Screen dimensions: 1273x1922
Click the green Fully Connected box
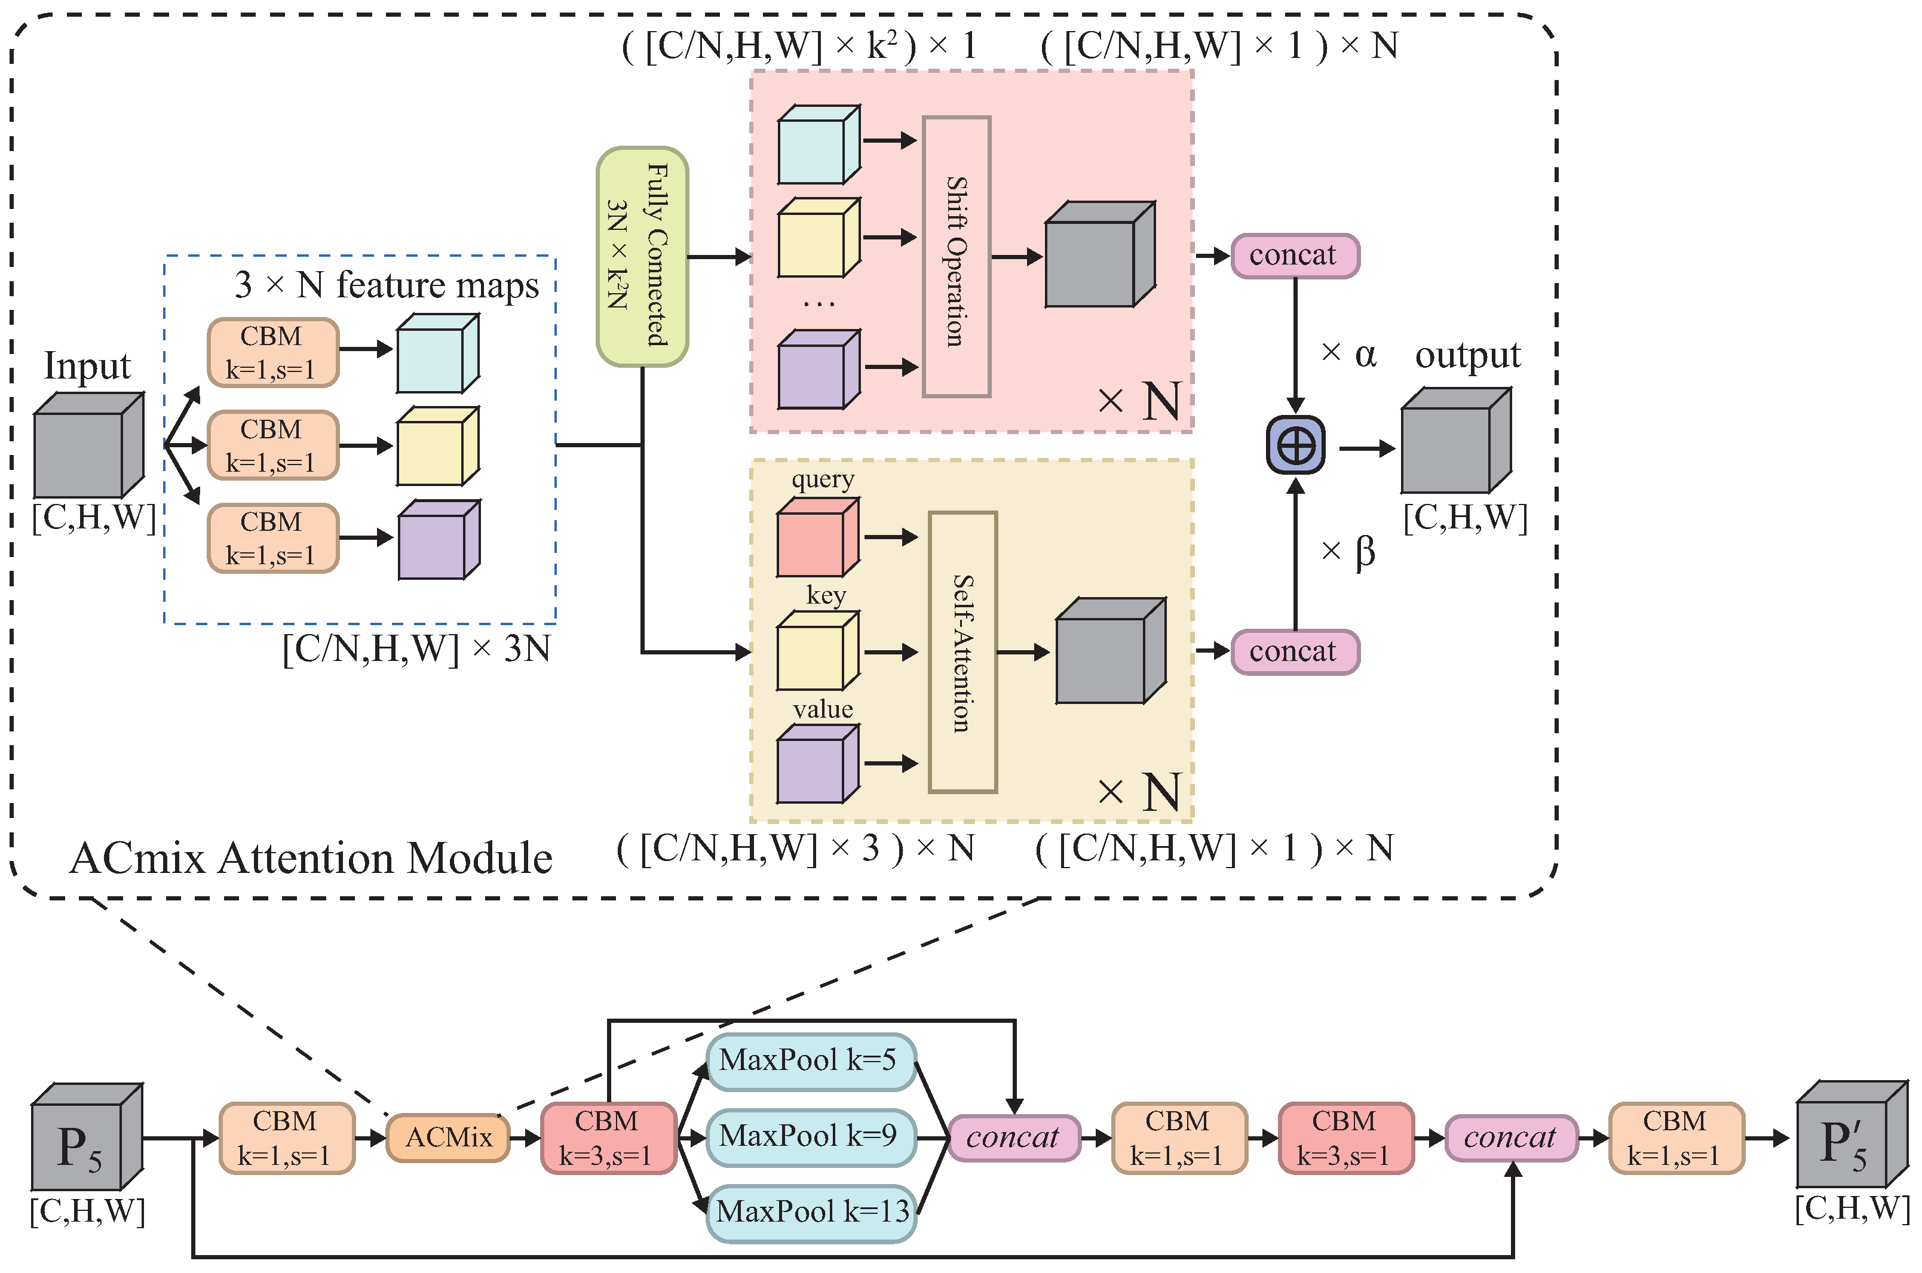[642, 257]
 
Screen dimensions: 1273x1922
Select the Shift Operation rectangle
[956, 257]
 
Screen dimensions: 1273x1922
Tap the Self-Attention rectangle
[962, 652]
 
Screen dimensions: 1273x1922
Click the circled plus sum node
[1296, 445]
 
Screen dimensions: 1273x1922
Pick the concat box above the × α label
[1295, 256]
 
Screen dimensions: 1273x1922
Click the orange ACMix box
[449, 1137]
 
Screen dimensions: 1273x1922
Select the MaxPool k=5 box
[811, 1061]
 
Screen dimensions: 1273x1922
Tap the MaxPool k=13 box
[811, 1212]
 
